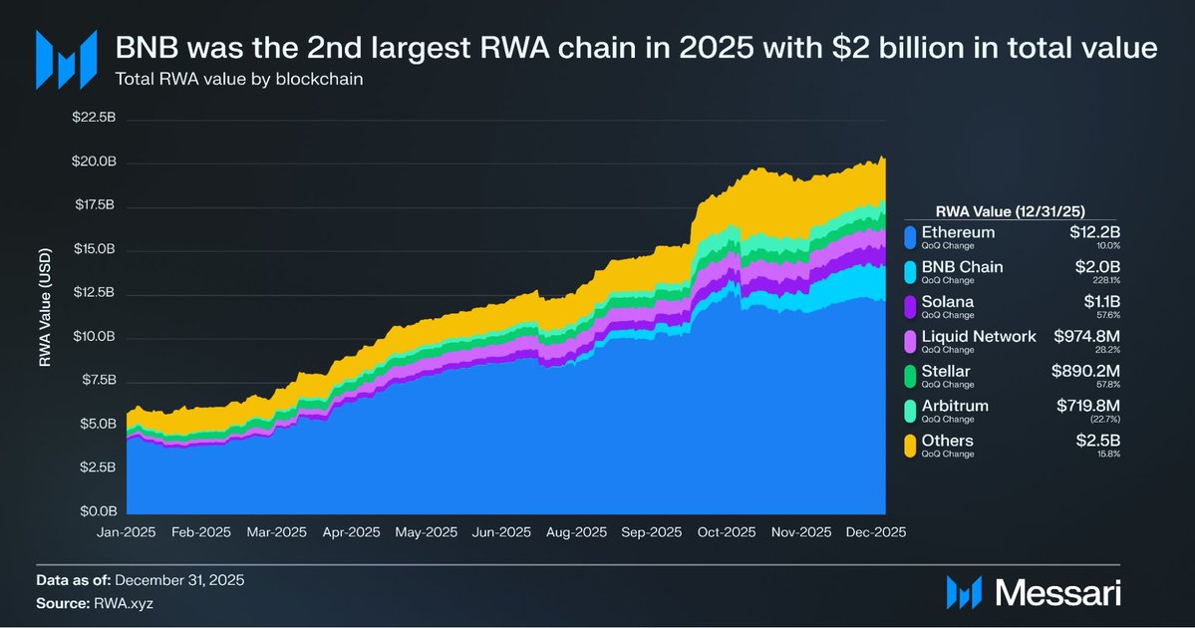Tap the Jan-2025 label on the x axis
coord(127,532)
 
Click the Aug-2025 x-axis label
coord(577,532)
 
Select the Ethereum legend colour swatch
coord(909,237)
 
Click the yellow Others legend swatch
coord(909,446)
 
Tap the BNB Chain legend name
coord(963,267)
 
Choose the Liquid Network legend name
coord(979,336)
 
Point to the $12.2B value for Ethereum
coord(1094,232)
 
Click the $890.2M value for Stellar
coord(1084,371)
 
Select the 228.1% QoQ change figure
coord(1107,279)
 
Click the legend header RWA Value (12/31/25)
coord(1010,210)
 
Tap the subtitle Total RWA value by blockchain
coord(238,79)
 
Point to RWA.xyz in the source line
coord(125,603)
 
